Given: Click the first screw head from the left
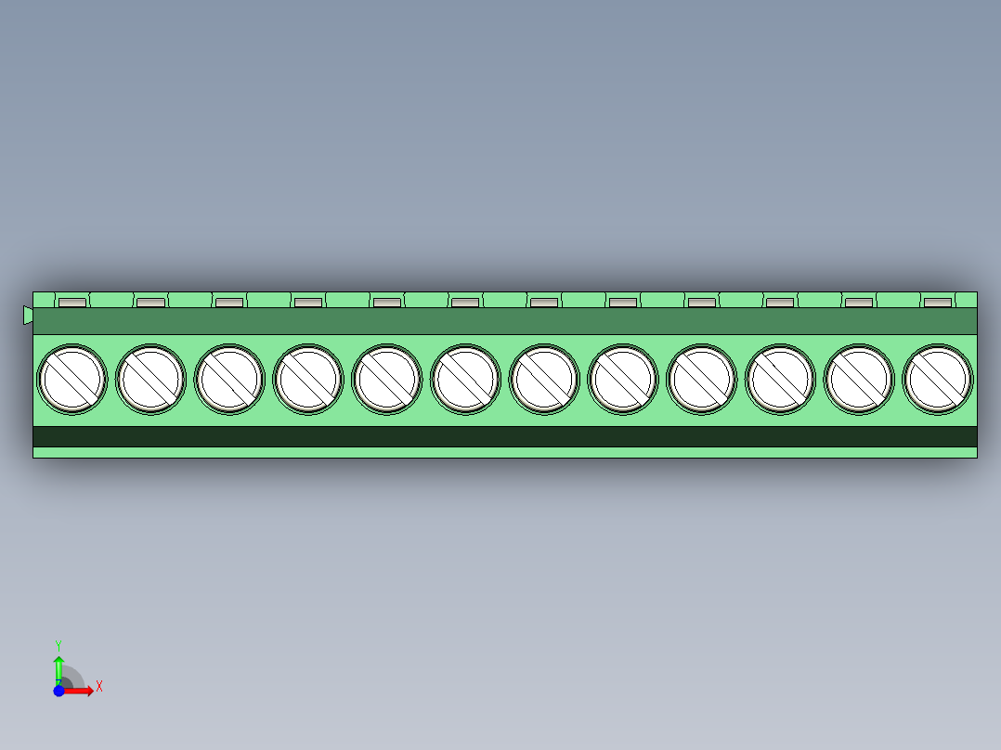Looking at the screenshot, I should click(71, 379).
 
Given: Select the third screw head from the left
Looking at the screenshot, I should click(229, 379).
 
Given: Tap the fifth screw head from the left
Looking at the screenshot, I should click(386, 379).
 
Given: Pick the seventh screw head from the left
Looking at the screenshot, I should click(544, 379).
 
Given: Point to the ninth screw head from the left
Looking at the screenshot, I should click(701, 379).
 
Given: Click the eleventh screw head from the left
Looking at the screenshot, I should click(859, 379).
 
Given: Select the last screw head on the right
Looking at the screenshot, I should click(938, 379).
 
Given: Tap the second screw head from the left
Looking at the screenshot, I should click(150, 379).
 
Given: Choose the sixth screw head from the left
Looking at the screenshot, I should click(465, 379).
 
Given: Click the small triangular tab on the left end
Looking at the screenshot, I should click(28, 316).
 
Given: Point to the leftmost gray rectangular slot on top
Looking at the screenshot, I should click(71, 303).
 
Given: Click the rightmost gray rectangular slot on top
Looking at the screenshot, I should click(938, 303).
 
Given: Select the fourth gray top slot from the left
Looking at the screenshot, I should click(307, 303).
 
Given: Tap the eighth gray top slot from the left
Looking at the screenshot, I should click(623, 303).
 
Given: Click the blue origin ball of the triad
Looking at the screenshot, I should click(58, 691).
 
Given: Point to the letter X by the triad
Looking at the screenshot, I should click(98, 687).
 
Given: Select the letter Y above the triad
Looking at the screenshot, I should click(58, 644).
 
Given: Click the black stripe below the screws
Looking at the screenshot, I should click(504, 436).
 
